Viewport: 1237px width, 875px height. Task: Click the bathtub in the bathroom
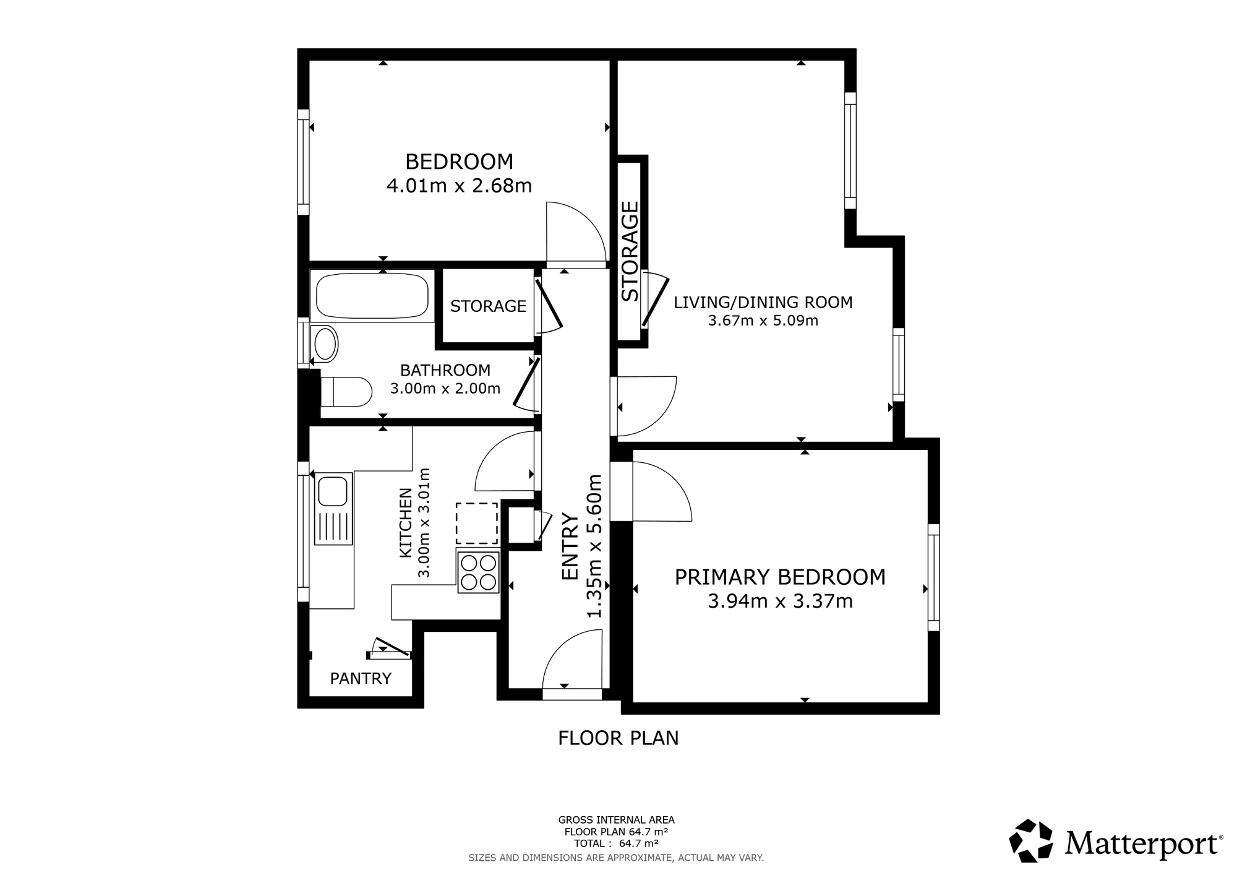pyautogui.click(x=372, y=296)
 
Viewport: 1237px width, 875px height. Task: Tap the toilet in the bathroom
pyautogui.click(x=346, y=392)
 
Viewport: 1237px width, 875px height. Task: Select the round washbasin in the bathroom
pyautogui.click(x=325, y=343)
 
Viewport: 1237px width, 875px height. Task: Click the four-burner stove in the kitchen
pyautogui.click(x=478, y=572)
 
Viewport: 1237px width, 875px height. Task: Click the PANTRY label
pyautogui.click(x=361, y=679)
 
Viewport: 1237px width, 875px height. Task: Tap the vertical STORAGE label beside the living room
pyautogui.click(x=630, y=251)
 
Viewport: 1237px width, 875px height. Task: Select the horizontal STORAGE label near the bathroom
pyautogui.click(x=488, y=306)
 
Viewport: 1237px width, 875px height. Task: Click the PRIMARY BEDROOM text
pyautogui.click(x=780, y=577)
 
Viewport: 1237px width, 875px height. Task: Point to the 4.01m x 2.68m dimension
pyautogui.click(x=459, y=186)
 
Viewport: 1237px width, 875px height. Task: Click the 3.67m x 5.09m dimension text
pyautogui.click(x=763, y=321)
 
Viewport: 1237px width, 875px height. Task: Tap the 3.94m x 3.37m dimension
pyautogui.click(x=780, y=601)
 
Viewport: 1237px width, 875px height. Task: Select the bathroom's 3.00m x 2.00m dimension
pyautogui.click(x=445, y=389)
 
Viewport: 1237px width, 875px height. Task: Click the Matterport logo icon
pyautogui.click(x=1031, y=840)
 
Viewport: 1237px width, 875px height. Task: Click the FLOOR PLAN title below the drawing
pyautogui.click(x=618, y=738)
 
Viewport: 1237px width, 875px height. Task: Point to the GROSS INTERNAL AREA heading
pyautogui.click(x=616, y=821)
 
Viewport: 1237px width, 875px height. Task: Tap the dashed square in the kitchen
pyautogui.click(x=477, y=523)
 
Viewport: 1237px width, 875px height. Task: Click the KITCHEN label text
pyautogui.click(x=405, y=523)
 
